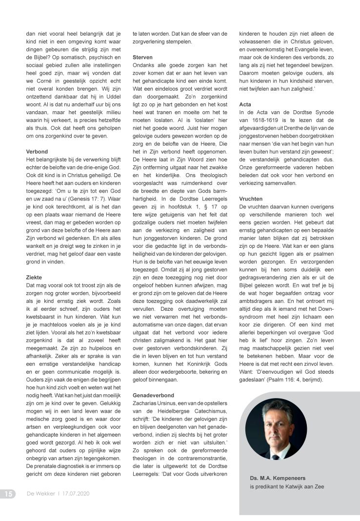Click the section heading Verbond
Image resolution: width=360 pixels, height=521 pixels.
37,152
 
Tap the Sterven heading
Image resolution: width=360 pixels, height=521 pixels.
142,57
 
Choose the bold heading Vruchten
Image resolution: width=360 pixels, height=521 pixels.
252,199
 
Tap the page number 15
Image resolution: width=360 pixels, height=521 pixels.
8,494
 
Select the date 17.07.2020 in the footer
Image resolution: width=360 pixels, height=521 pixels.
76,494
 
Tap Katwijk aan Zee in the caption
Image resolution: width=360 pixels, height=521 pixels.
302,486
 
